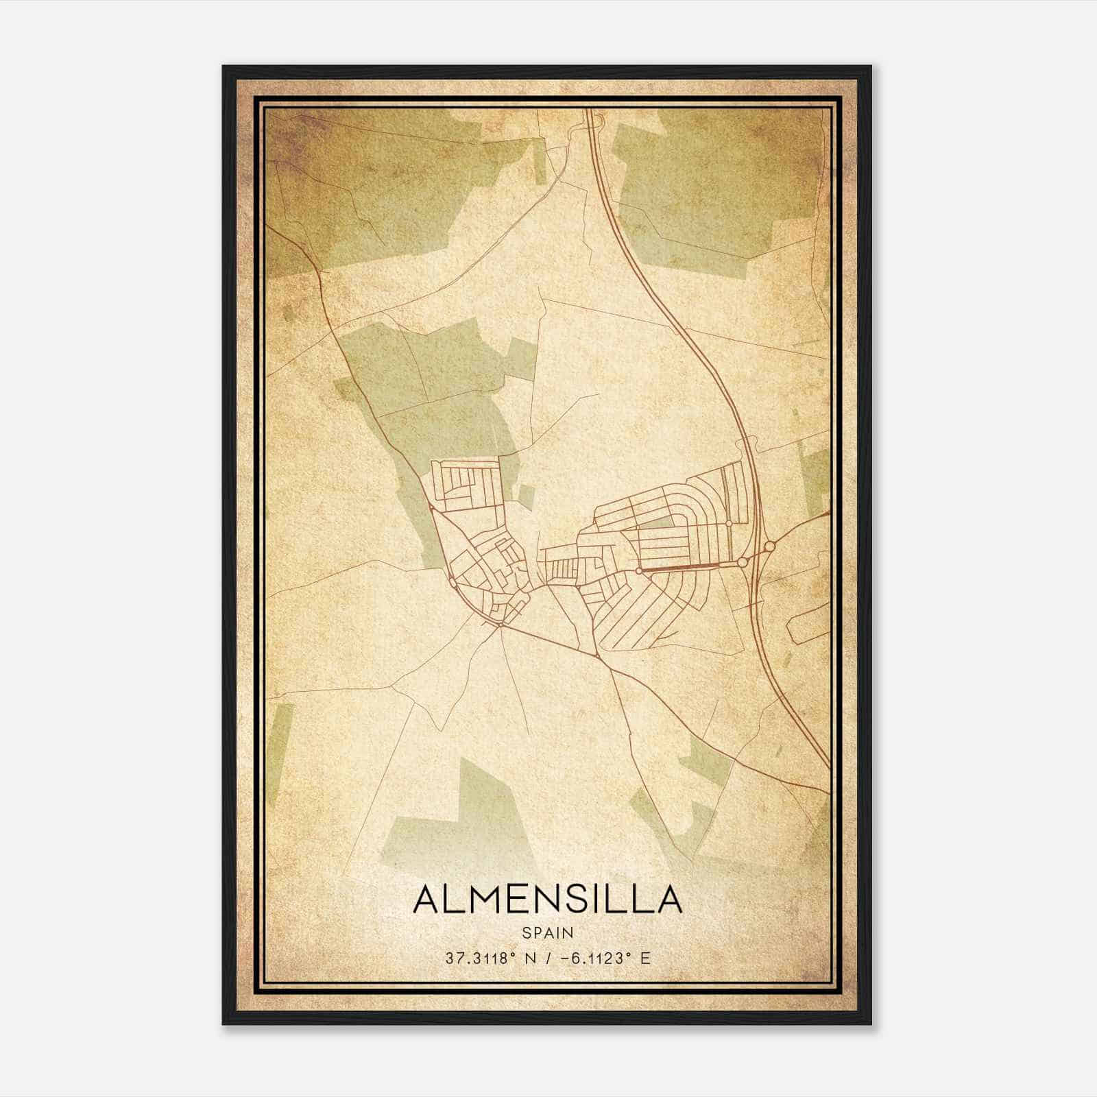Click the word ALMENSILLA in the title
click(x=547, y=899)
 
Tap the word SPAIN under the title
click(x=547, y=932)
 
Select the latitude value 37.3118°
click(x=480, y=958)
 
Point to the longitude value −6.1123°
click(x=593, y=958)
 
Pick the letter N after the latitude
click(x=529, y=958)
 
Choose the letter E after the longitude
click(x=644, y=958)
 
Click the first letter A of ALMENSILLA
click(x=427, y=899)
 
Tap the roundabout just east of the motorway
click(x=769, y=546)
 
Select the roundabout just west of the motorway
click(x=742, y=562)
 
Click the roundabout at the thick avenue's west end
click(x=638, y=570)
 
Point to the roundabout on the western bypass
click(x=453, y=583)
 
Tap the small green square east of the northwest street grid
click(x=525, y=496)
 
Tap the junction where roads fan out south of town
click(x=502, y=625)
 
